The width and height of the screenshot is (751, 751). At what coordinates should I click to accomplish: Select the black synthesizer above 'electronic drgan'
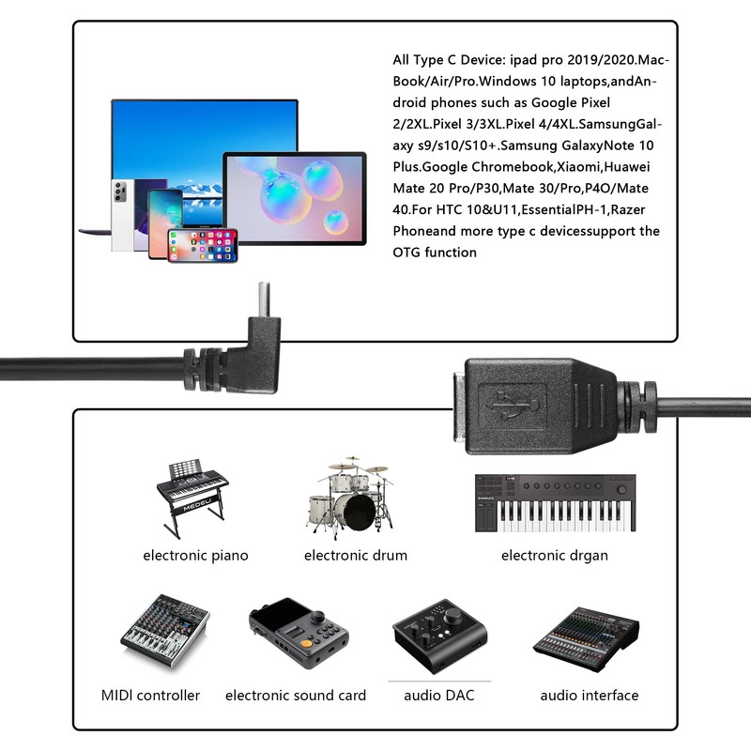tap(554, 503)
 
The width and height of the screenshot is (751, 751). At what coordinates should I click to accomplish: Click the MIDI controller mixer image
tap(164, 631)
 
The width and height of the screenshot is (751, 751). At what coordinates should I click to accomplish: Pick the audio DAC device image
tap(438, 637)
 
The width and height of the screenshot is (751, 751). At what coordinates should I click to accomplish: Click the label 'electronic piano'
tap(195, 555)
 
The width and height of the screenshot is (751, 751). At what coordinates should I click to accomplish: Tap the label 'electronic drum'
tap(356, 555)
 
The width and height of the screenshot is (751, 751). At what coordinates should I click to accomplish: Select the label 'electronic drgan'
tap(554, 555)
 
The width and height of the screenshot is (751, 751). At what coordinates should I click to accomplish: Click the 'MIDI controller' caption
tap(150, 696)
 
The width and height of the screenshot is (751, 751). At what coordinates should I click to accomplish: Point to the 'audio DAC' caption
tap(439, 696)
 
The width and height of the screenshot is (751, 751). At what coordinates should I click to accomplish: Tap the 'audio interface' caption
tap(589, 696)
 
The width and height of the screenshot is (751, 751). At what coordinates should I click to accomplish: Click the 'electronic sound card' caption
tap(296, 696)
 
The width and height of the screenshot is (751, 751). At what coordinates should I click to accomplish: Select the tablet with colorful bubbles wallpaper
tap(294, 199)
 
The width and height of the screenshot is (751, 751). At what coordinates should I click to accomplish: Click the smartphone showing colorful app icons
tap(202, 245)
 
